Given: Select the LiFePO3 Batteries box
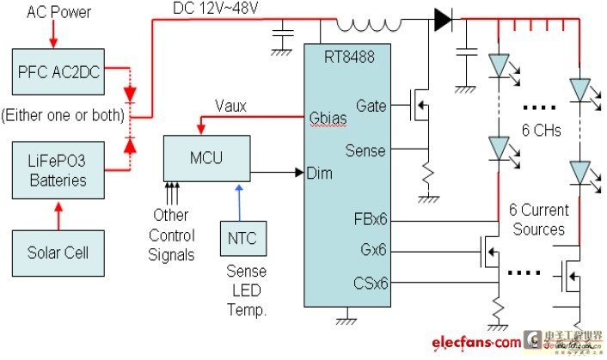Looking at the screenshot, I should click(x=58, y=169).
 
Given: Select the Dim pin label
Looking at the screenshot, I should click(x=319, y=173).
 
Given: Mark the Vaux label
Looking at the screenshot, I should click(x=230, y=107).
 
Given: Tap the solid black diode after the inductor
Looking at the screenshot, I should click(x=443, y=20).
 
